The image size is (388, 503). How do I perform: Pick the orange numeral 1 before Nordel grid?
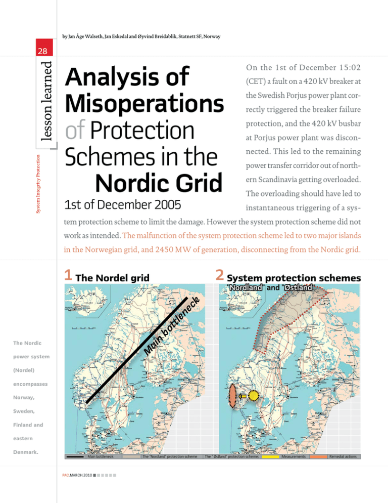[69, 276]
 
